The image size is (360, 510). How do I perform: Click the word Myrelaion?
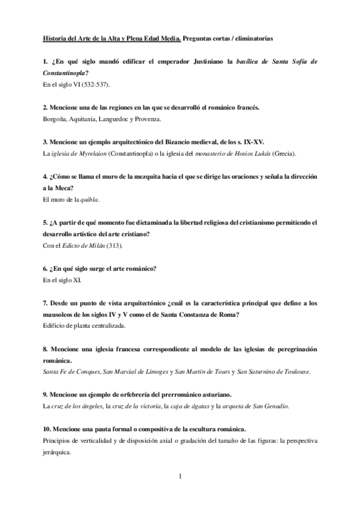coord(106,153)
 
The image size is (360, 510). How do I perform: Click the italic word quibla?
coord(90,199)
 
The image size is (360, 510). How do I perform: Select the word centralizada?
coord(107,325)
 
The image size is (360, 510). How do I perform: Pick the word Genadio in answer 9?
coord(275,406)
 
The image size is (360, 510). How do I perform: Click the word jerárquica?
coord(59,452)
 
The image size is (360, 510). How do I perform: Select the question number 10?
coord(47,429)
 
